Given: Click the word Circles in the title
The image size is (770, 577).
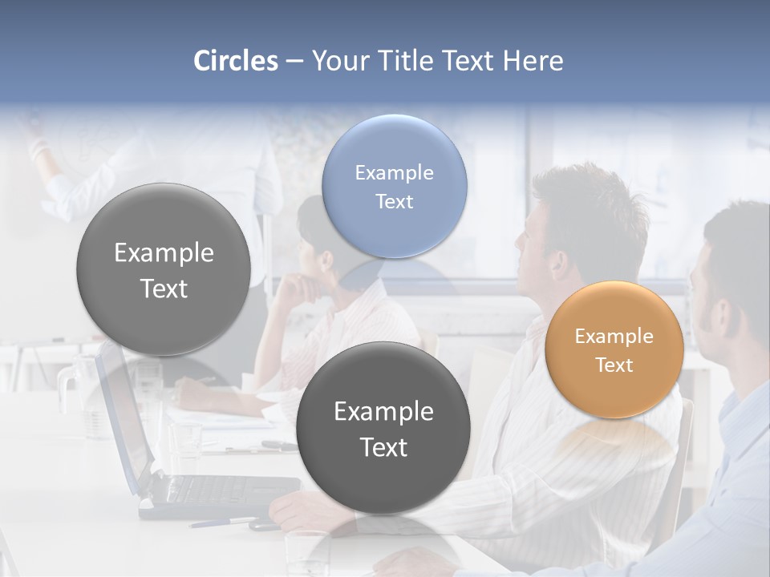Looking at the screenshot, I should [235, 61].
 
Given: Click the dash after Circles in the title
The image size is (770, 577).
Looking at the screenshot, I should [294, 62].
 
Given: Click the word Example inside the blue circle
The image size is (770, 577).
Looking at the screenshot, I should [394, 173].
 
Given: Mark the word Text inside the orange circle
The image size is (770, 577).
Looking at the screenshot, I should [614, 365].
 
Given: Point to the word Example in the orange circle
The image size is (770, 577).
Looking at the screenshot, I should [614, 337].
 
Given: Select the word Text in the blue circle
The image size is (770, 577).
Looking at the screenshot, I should [394, 202].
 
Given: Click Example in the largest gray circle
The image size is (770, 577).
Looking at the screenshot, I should [164, 253].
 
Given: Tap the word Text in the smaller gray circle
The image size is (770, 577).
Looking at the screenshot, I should [383, 447].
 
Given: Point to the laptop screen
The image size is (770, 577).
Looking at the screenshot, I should [120, 417].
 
